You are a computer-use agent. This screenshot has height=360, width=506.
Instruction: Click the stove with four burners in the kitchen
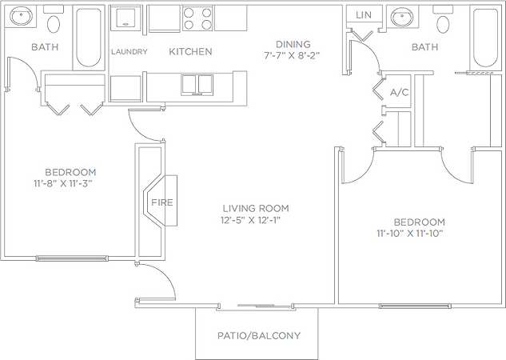click(197, 18)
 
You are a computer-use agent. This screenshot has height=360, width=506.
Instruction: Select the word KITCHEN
click(190, 52)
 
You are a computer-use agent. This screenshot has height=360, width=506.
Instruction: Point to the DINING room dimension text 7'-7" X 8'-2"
click(293, 56)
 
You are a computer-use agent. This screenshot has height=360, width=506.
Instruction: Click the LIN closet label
click(364, 15)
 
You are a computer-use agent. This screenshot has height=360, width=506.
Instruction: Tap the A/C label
click(399, 92)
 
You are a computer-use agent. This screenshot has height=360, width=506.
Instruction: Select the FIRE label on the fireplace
click(162, 202)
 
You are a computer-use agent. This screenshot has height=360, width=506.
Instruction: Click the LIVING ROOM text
click(255, 208)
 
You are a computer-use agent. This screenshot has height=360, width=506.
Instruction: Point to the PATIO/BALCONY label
click(259, 335)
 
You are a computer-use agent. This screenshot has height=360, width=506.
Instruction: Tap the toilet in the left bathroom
click(54, 21)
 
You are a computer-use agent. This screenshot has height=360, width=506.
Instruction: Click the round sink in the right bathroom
click(400, 18)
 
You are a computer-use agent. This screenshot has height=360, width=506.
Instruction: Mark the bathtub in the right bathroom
click(484, 38)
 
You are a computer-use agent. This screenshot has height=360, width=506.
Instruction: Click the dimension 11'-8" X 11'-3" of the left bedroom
click(70, 183)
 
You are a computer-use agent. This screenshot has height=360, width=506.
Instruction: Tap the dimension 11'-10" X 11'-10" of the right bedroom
click(409, 234)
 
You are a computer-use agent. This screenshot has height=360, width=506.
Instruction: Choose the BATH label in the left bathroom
click(45, 47)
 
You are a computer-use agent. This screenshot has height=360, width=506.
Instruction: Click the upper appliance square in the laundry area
click(125, 19)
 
